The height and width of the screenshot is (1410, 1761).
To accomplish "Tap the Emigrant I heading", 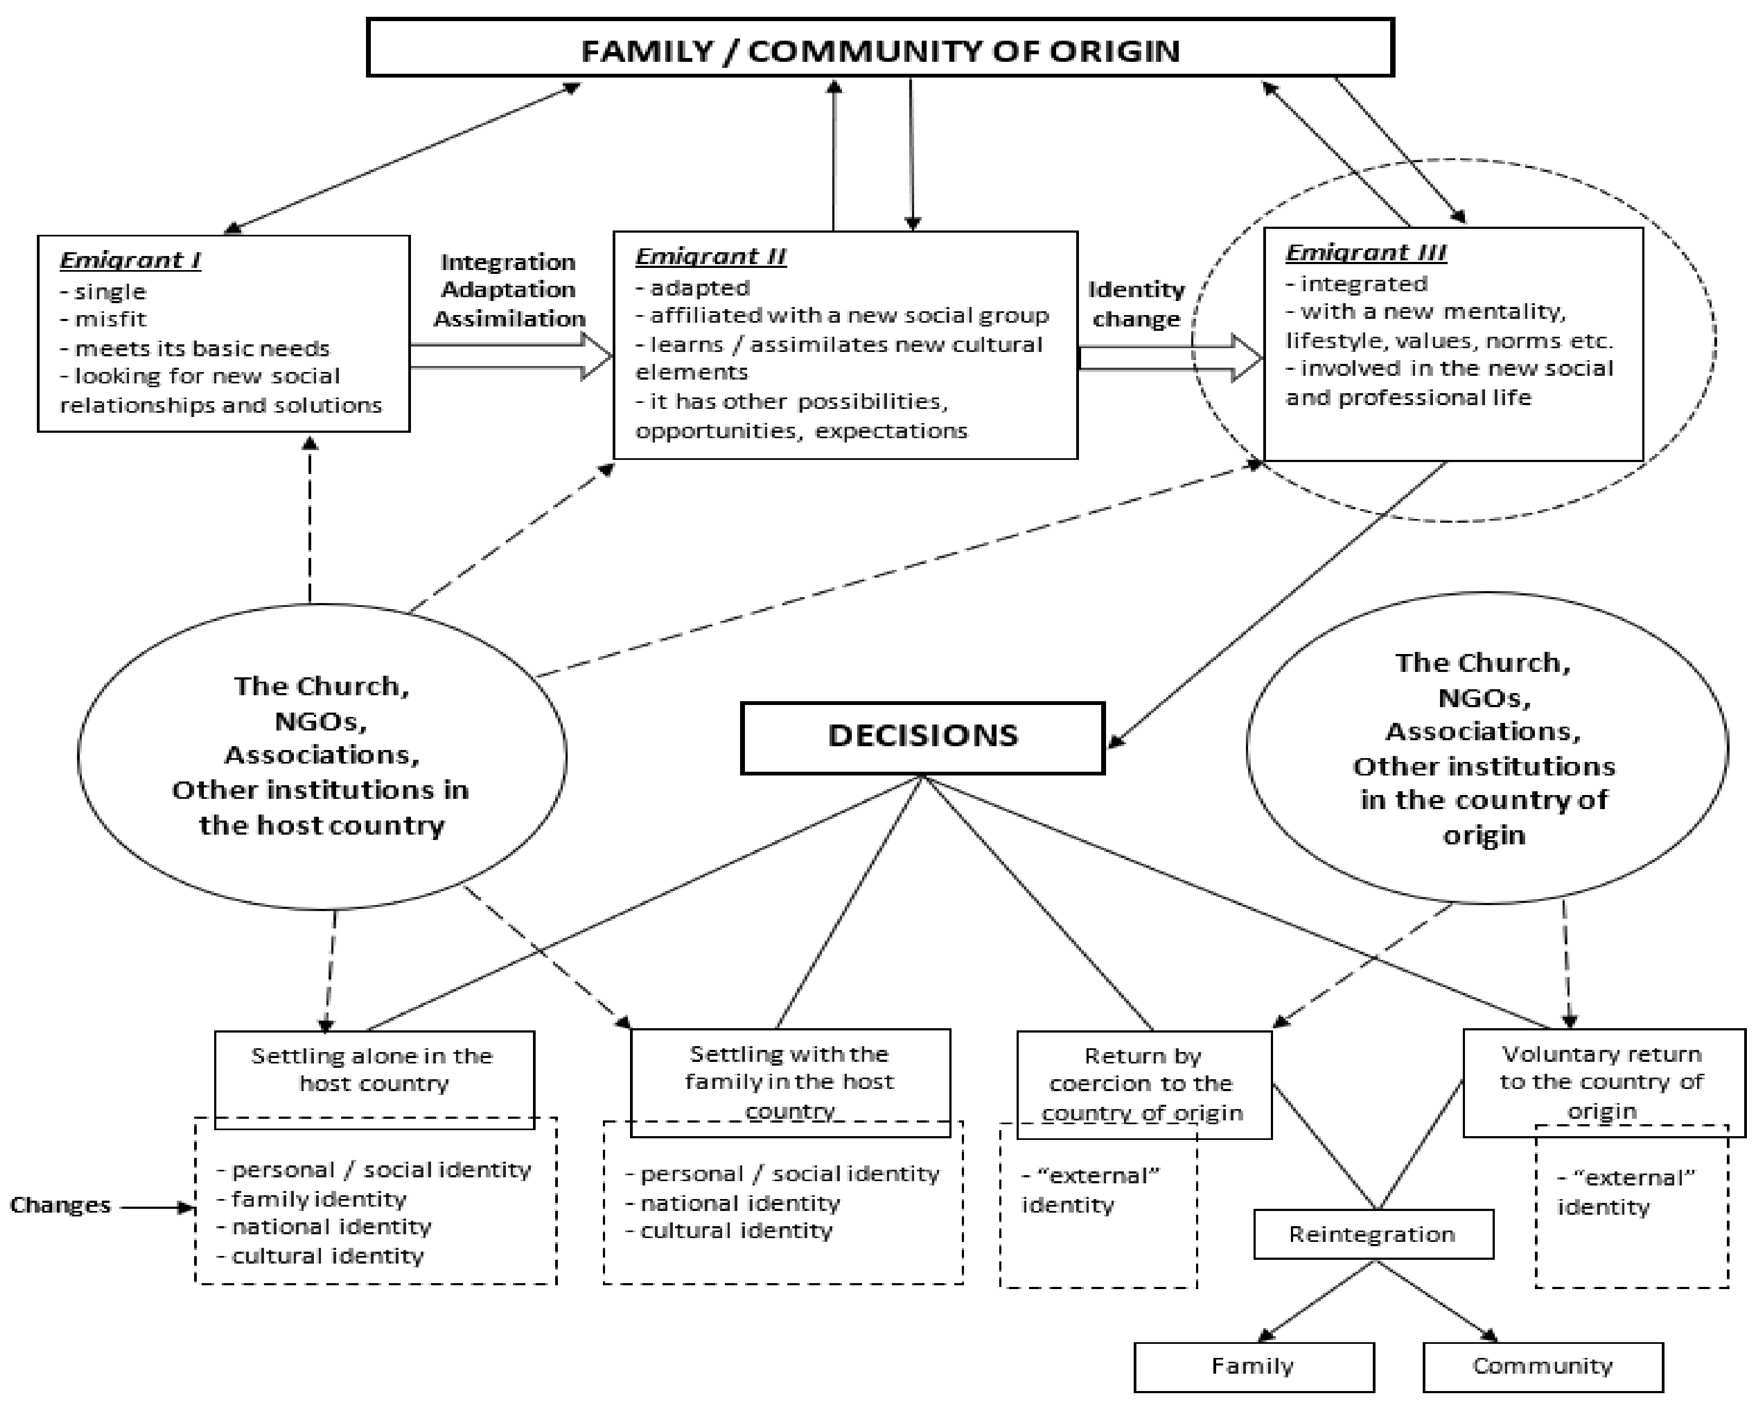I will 130,260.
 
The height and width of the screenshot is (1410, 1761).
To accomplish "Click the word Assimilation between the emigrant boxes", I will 509,318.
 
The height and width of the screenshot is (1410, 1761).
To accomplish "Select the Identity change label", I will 1136,304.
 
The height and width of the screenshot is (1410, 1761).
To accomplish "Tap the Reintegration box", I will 1372,1234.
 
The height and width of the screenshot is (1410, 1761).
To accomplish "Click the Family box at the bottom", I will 1253,1366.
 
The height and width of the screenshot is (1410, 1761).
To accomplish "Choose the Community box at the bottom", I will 1542,1366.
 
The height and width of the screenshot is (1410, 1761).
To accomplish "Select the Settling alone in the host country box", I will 373,1069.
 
